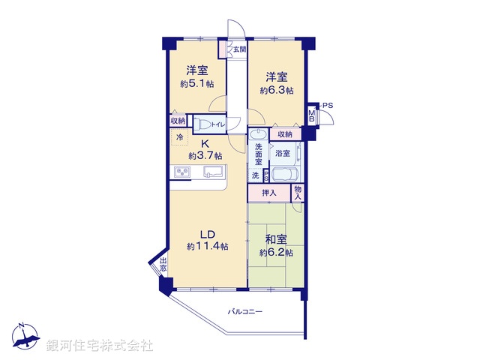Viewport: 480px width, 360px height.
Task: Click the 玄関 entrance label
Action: pos(238,49)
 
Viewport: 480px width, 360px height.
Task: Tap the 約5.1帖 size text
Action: pos(196,85)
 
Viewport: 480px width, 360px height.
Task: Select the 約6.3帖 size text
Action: pos(277,90)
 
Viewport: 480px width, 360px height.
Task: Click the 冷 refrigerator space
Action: pos(180,137)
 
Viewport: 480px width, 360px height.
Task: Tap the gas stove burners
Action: pos(183,172)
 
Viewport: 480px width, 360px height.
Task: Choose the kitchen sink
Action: pos(214,172)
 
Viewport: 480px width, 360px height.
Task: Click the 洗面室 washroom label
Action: pos(258,154)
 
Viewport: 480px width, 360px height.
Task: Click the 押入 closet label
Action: pos(268,193)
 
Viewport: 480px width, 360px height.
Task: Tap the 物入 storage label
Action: pos(298,193)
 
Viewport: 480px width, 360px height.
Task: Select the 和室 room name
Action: pos(276,240)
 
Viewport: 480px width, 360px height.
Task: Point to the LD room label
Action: pos(208,233)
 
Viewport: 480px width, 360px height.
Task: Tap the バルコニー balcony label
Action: pos(246,311)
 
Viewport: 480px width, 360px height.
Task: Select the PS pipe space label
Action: pos(328,106)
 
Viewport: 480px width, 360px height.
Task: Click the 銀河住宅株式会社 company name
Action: pos(100,346)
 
